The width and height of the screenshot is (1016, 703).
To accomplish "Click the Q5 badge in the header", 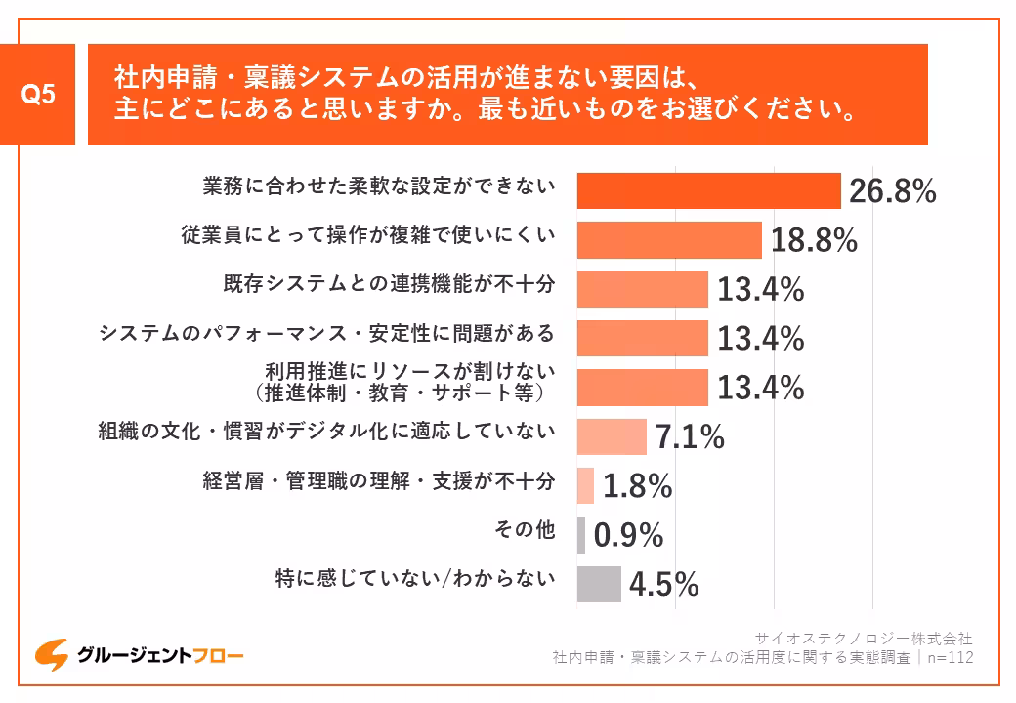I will [x=38, y=95].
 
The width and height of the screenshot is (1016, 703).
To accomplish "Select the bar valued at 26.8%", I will [x=708, y=190].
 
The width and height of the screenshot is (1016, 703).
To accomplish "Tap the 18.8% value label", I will [x=814, y=240].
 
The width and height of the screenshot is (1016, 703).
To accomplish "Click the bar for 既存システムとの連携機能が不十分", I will [x=642, y=289].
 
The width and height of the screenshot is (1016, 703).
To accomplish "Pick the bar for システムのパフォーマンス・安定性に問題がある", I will [x=642, y=338].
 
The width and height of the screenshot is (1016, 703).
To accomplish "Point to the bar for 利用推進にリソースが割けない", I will [x=642, y=387].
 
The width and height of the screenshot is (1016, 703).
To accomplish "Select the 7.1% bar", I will [x=612, y=436].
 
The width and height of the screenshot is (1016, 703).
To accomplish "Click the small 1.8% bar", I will [x=585, y=485].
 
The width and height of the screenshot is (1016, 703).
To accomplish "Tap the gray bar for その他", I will [x=581, y=535].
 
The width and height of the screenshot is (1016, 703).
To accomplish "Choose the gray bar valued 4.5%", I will [x=599, y=584].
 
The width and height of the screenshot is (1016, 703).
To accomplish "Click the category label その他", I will [x=526, y=530].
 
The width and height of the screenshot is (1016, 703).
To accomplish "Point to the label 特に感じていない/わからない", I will [x=415, y=579].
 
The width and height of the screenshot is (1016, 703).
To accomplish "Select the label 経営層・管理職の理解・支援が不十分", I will [x=379, y=480].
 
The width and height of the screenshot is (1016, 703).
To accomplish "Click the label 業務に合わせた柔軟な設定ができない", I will [x=379, y=186].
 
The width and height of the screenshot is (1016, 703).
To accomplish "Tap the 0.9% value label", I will [x=628, y=535].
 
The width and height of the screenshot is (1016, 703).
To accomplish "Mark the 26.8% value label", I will [x=892, y=191].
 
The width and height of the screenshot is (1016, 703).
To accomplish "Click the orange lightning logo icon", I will [x=51, y=655].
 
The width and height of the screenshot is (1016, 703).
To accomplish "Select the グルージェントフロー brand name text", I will [x=161, y=655].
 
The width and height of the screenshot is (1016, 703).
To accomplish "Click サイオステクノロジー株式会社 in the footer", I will [x=865, y=639].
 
